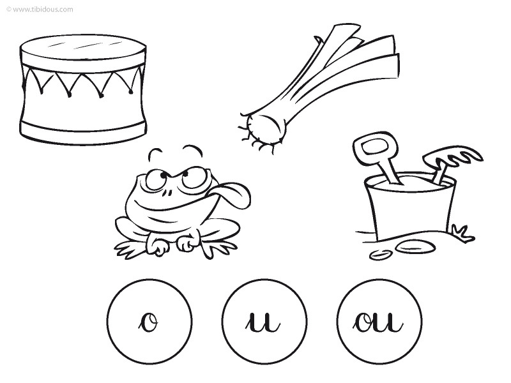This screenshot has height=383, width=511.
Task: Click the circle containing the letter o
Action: pos(149,322)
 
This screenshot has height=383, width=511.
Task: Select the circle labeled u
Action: pos(264,322)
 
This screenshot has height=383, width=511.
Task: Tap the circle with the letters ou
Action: pos(379,322)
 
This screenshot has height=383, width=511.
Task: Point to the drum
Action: pos(83,89)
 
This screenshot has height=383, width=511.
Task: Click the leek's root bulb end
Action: pos(264,129)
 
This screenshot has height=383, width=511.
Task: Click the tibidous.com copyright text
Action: pos(40,10)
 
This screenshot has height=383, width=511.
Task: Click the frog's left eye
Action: pos(155,180)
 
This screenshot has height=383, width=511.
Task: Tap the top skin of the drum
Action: pos(83,47)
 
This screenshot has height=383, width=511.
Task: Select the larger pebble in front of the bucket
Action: pos(415,246)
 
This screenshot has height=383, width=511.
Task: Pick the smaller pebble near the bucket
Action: pos(380,255)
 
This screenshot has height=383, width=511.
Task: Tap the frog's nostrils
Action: pos(167,193)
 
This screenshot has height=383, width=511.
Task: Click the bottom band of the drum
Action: pos(83,133)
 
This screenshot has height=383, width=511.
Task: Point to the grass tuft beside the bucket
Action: pos(462,233)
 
